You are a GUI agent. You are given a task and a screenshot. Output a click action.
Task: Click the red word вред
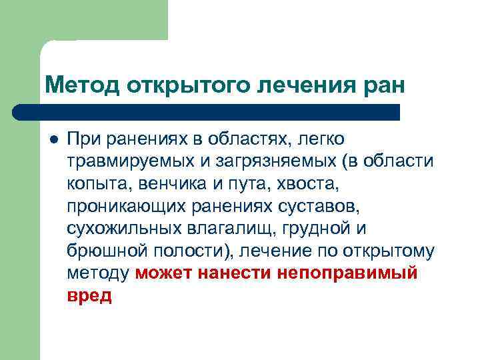[89, 296]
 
